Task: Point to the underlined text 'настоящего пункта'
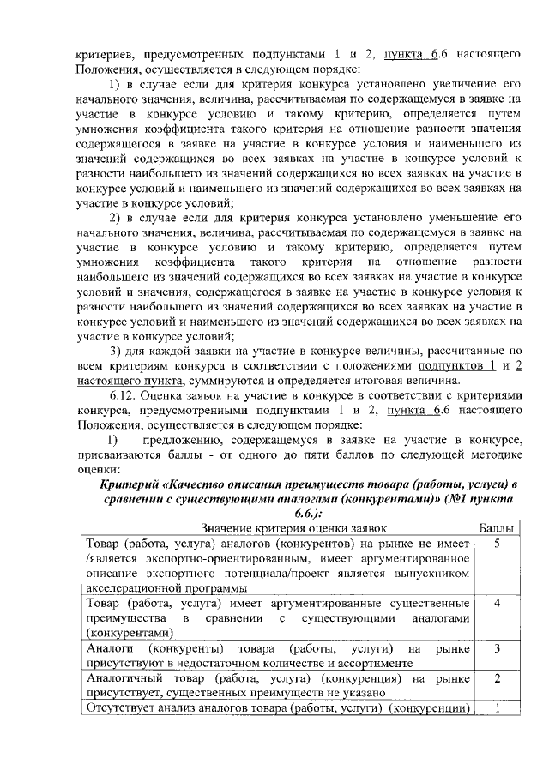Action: click(x=130, y=381)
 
